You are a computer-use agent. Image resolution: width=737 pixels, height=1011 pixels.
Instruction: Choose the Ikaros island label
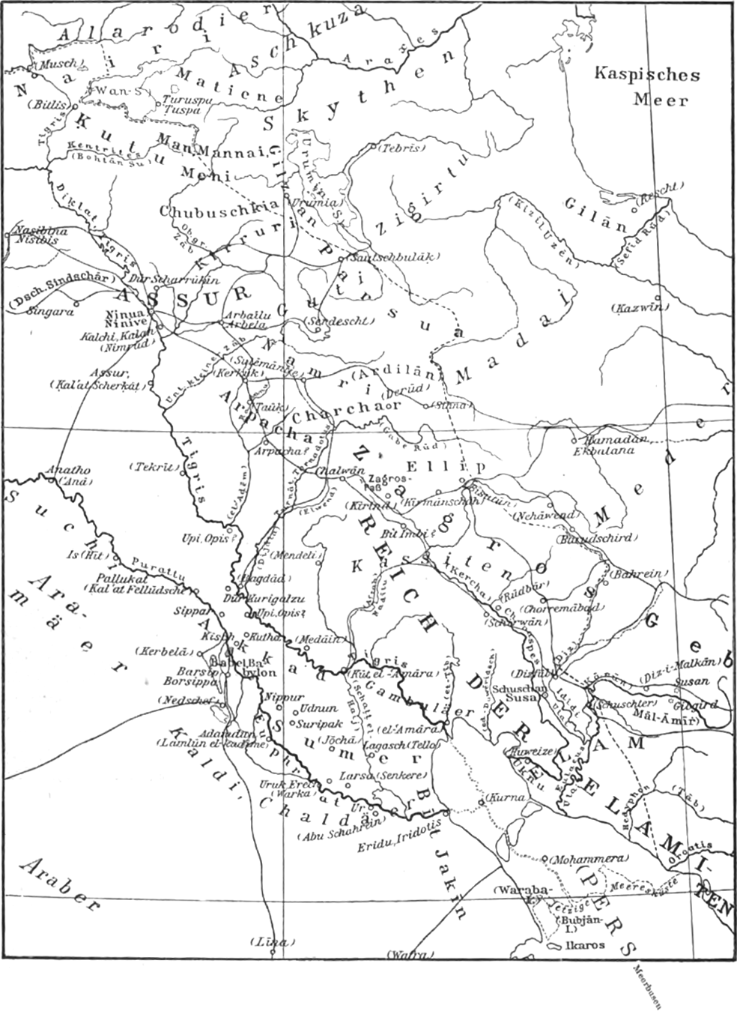point(585,945)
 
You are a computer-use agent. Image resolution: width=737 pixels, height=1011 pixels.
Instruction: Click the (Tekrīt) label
point(155,465)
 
